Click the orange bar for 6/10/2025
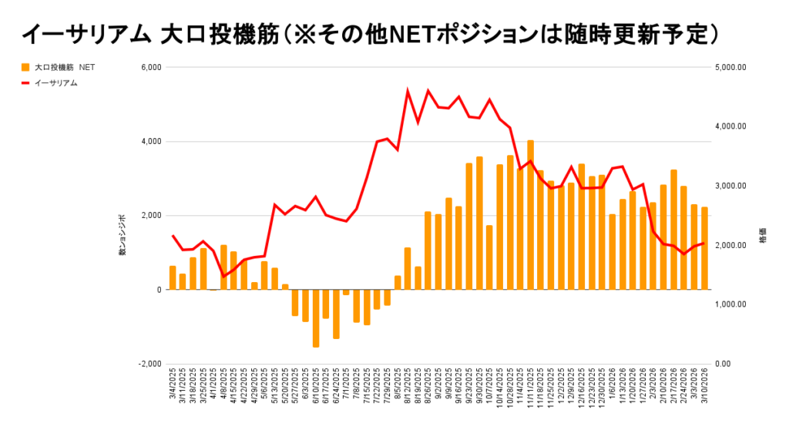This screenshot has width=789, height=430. click(316, 318)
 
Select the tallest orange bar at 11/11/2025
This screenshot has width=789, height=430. click(530, 215)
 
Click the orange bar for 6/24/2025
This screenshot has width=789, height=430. click(336, 314)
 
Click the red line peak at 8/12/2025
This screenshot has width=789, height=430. click(408, 92)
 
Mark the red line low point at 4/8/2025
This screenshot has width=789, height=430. click(223, 277)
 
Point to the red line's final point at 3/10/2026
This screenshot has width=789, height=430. click(704, 243)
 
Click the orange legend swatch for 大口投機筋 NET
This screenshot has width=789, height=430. click(25, 68)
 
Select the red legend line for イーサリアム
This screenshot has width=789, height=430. click(25, 82)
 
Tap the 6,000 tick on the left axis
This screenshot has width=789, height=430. click(149, 68)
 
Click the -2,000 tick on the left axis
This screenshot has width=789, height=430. click(148, 364)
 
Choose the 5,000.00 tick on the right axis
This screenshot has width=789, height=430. click(731, 68)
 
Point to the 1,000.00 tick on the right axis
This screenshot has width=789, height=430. click(731, 304)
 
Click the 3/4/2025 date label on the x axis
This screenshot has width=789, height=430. click(173, 390)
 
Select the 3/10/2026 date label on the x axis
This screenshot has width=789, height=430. click(704, 390)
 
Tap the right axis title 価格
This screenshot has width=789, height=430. click(762, 236)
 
